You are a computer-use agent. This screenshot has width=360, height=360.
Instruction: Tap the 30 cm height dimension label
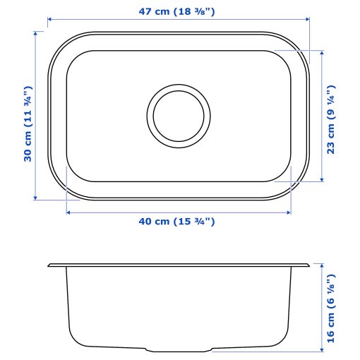tap(28, 124)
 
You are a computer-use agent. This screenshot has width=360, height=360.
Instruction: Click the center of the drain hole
tap(179, 114)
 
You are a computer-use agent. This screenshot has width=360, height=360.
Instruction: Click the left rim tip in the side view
tap(50, 265)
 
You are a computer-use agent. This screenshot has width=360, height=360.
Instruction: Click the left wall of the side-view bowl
tap(68, 304)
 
